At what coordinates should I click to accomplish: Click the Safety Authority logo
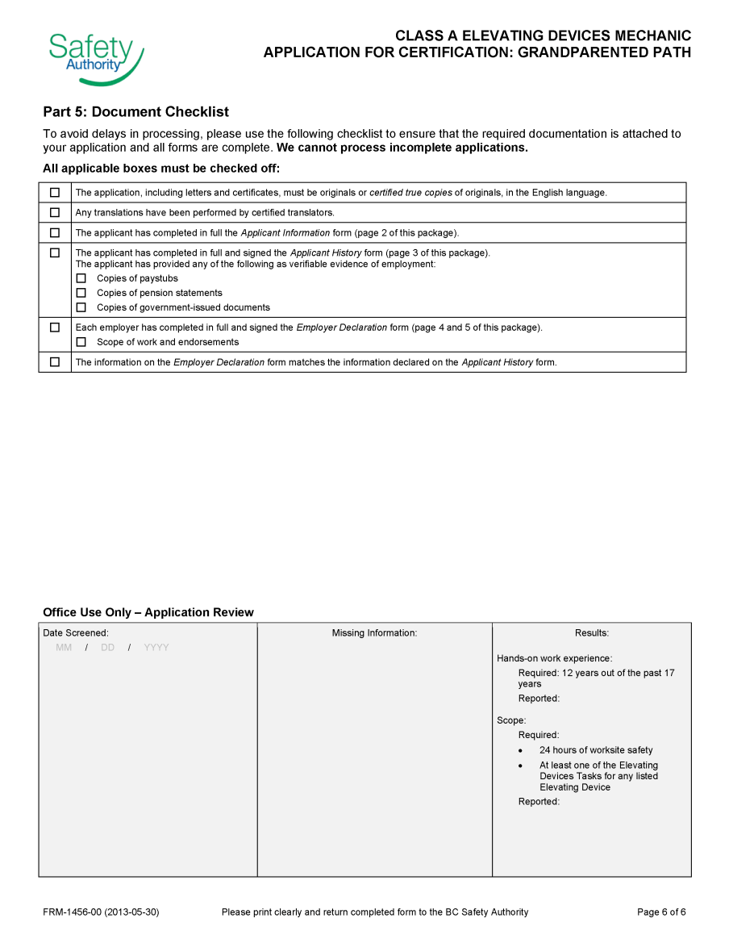point(95,57)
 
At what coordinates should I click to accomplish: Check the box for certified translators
point(55,213)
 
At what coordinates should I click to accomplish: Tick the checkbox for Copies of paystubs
point(81,278)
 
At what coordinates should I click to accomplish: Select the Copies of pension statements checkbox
point(81,293)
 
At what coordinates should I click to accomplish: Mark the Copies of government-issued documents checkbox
point(81,307)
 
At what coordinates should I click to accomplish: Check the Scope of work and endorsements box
point(81,342)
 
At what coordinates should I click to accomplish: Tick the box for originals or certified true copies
point(55,193)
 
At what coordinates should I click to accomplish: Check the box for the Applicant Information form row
point(55,233)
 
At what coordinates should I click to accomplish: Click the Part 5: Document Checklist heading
point(135,112)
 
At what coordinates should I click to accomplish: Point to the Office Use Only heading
point(148,612)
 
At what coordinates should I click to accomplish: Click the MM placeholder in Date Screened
point(64,648)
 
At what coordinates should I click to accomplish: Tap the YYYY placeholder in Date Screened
point(156,648)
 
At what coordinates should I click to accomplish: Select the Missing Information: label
point(374,633)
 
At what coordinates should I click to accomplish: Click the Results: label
point(592,633)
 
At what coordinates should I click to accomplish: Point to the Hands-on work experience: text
point(554,658)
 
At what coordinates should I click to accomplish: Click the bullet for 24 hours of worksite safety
point(521,751)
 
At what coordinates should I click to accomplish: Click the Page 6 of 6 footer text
point(661,912)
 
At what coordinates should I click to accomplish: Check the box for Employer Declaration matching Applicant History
point(55,362)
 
